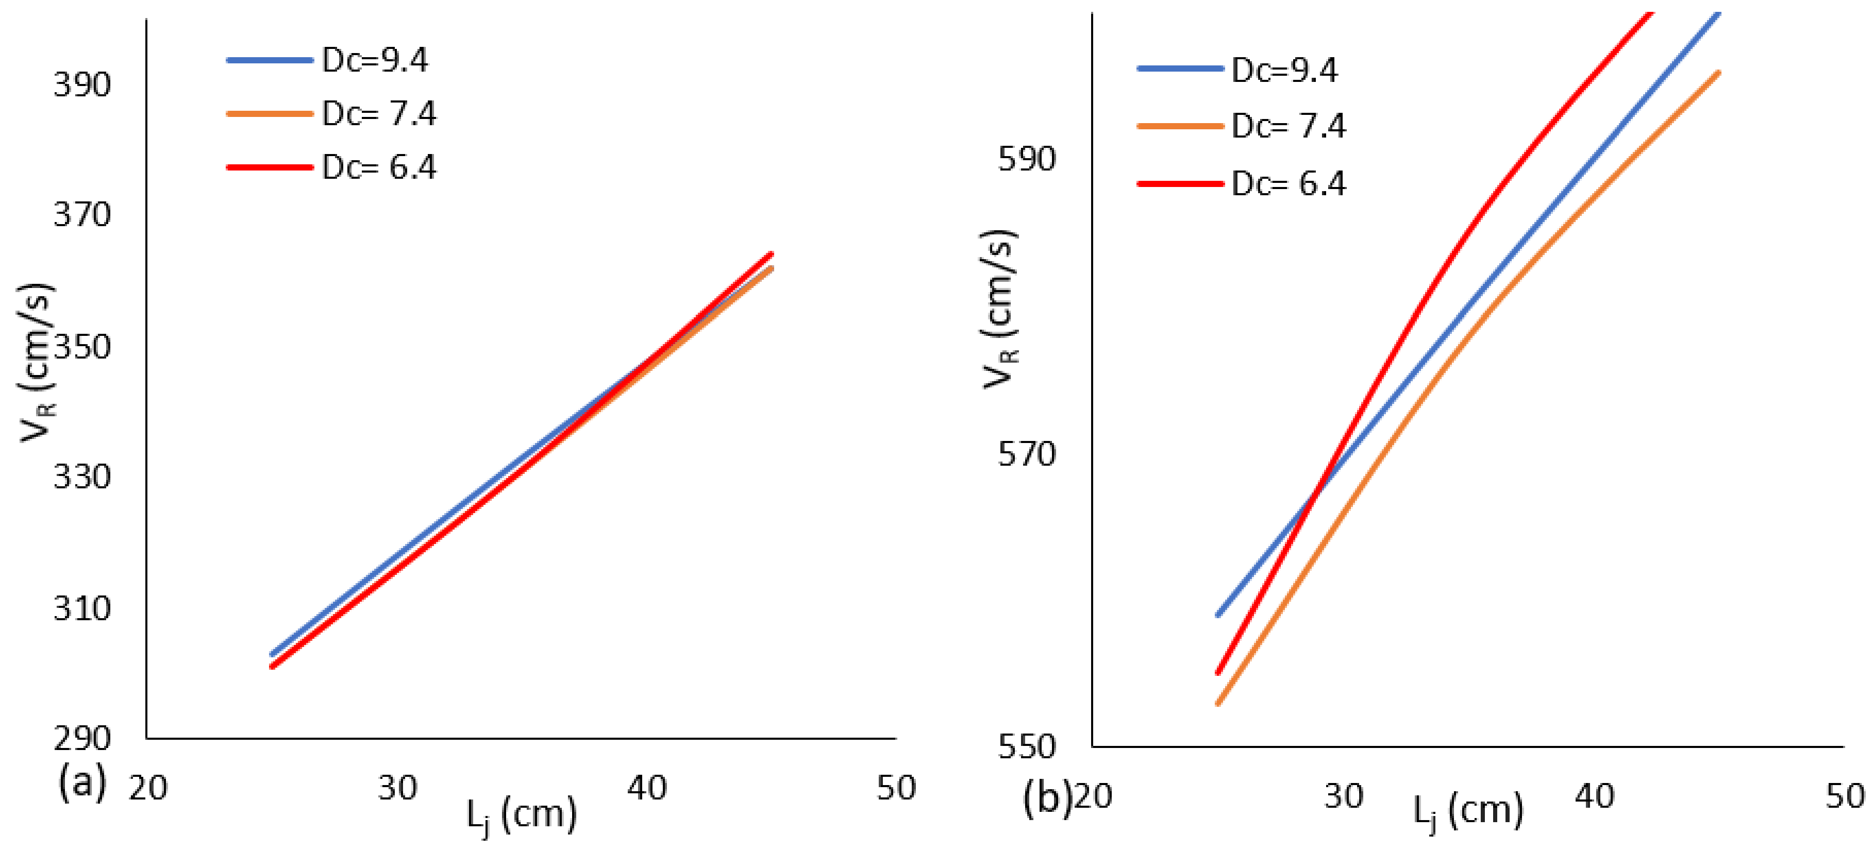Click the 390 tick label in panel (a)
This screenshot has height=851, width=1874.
click(81, 85)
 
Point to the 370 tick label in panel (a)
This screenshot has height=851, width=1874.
click(81, 215)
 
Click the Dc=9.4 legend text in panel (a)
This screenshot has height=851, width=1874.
click(375, 60)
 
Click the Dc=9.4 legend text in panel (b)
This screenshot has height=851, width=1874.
click(1284, 71)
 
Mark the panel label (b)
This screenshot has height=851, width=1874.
click(1046, 798)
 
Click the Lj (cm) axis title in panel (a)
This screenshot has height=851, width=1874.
click(522, 814)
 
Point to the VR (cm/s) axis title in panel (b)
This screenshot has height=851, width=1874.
click(999, 309)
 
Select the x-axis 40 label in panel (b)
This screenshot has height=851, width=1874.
click(1594, 796)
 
